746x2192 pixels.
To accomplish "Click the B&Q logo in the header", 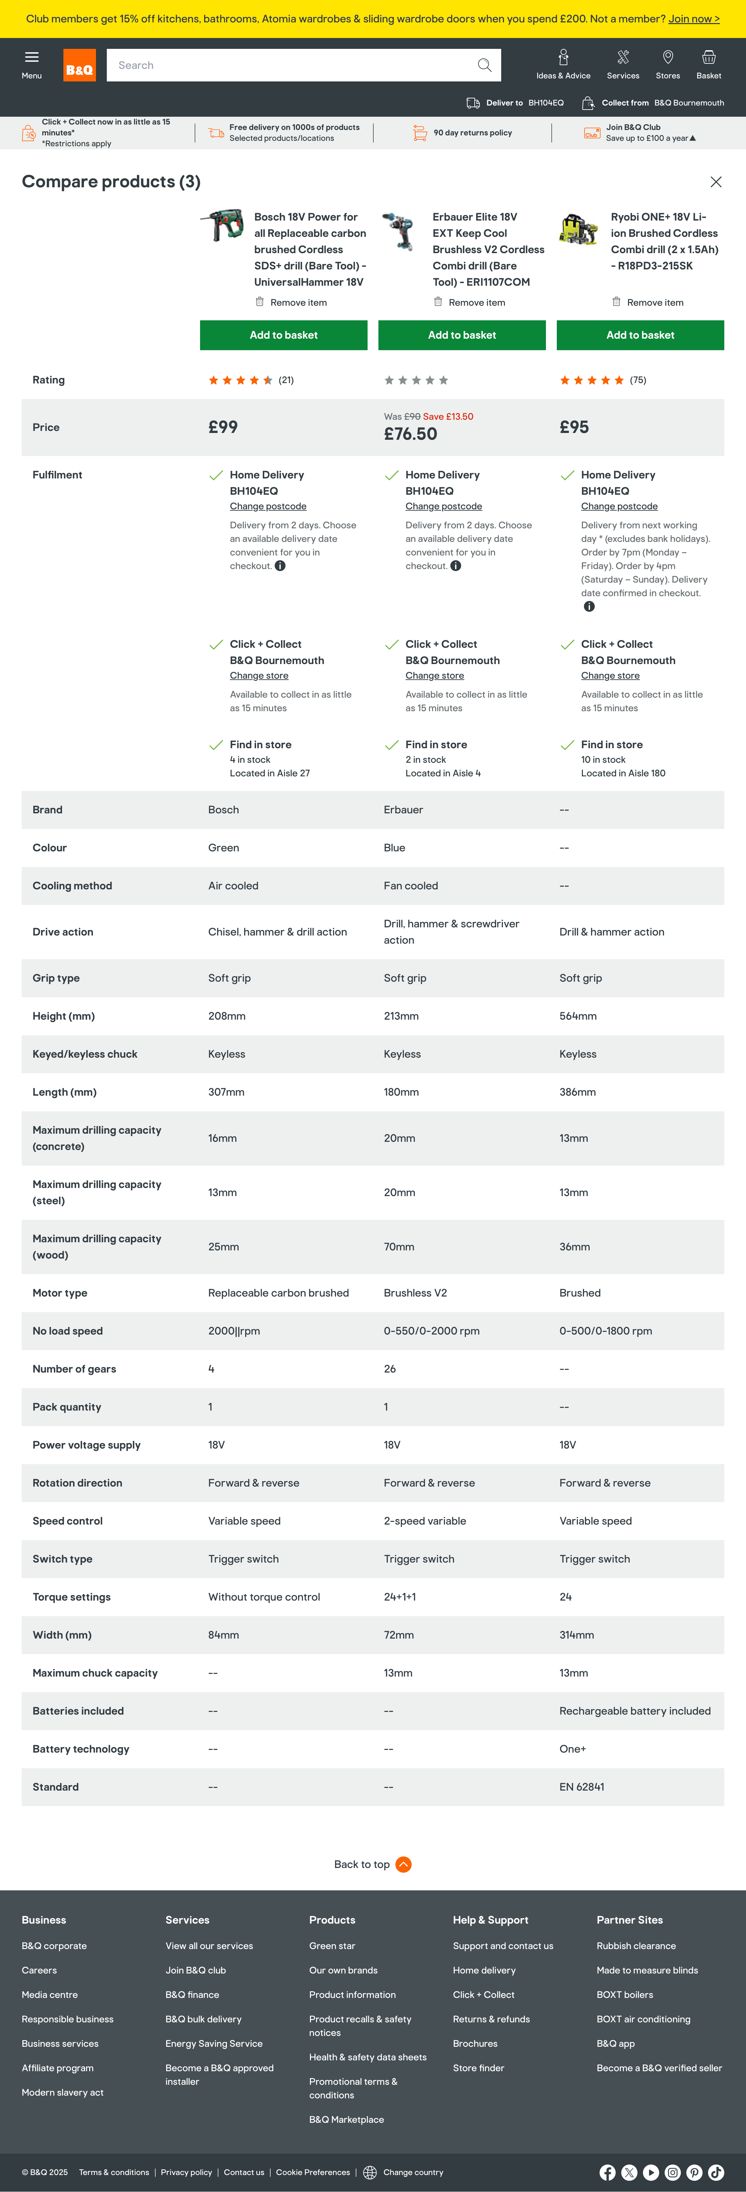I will [79, 65].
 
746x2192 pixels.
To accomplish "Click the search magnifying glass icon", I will [484, 65].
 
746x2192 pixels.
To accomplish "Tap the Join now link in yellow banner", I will [693, 19].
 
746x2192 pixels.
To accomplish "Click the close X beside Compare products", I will [715, 182].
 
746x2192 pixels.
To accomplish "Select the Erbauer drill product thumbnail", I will [398, 232].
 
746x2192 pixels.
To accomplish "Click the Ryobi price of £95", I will [574, 427].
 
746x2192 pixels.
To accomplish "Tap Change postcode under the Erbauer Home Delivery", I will [443, 506].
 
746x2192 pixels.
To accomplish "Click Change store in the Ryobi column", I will [610, 676].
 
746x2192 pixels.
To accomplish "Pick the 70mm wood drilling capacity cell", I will [399, 1247].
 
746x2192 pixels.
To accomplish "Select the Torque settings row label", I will [72, 1597].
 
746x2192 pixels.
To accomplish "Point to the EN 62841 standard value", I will [582, 1787].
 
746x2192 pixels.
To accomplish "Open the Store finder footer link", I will [478, 2068].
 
